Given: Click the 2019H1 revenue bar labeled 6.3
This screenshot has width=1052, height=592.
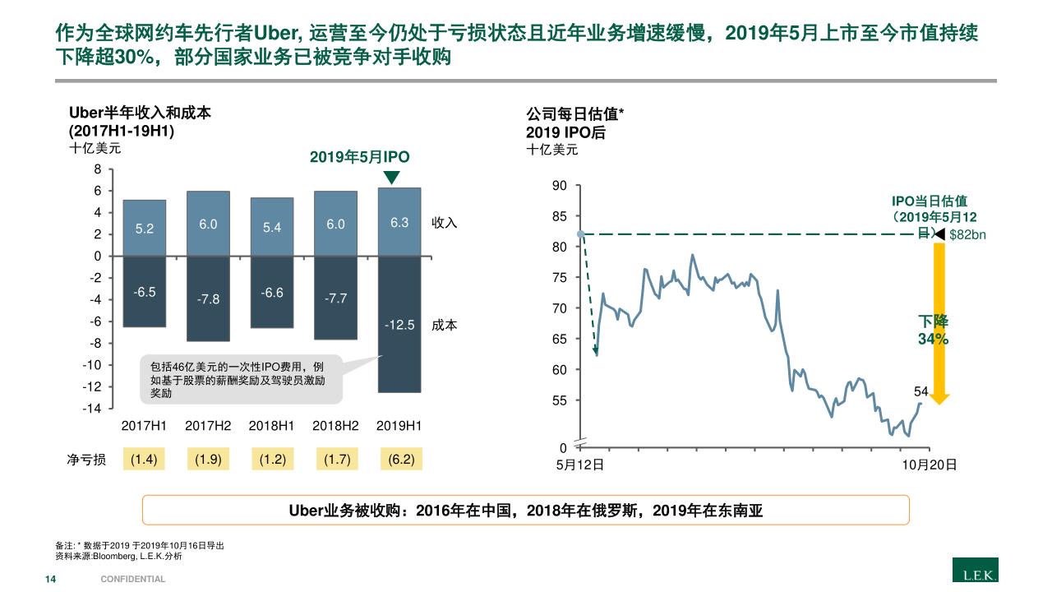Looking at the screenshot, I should [399, 222].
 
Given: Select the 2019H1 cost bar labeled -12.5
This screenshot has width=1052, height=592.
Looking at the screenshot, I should [399, 324].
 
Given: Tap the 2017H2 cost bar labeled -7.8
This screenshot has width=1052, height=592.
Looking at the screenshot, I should [208, 298].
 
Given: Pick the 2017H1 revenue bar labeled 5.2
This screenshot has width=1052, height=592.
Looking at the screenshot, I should [145, 228].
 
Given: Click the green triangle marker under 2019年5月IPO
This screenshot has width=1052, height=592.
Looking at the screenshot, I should [391, 178].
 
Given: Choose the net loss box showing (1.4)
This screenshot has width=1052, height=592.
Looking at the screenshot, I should [145, 460].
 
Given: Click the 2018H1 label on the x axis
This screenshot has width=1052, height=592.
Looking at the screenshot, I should [272, 426].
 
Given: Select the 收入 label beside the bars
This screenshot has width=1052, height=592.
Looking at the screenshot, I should [445, 223].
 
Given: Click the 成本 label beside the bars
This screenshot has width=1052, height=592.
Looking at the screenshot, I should [445, 325].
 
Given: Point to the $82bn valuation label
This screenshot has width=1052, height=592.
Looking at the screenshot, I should [967, 235].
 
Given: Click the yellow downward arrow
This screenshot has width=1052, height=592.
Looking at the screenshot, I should [939, 321].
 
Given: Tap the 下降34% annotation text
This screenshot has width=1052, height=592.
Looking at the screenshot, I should [933, 330].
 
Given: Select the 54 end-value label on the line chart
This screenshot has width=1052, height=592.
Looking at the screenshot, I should [921, 392].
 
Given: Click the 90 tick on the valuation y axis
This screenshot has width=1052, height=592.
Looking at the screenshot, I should [559, 186].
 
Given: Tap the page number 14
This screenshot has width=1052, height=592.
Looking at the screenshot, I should [50, 579].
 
